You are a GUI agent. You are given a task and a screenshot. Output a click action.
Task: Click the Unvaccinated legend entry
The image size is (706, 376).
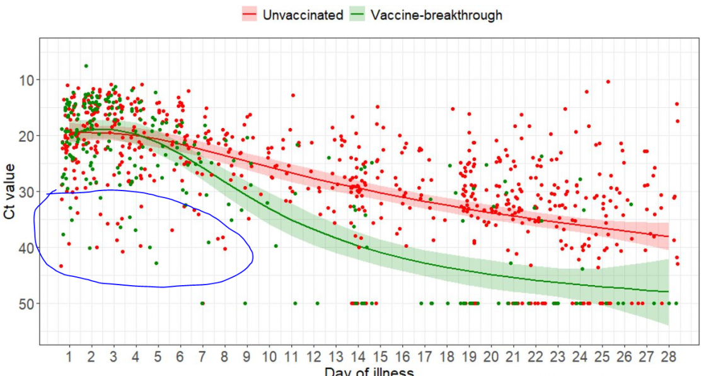click(x=292, y=15)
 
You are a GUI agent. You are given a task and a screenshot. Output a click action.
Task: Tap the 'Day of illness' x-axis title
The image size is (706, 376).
click(x=369, y=371)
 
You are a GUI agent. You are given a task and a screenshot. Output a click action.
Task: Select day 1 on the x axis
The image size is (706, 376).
click(x=69, y=358)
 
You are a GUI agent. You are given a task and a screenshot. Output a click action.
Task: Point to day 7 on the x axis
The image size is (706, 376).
click(x=202, y=358)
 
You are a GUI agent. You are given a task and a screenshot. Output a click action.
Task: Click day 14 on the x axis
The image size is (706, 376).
click(x=357, y=358)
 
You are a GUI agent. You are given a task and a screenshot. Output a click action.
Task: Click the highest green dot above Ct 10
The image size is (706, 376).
click(x=86, y=66)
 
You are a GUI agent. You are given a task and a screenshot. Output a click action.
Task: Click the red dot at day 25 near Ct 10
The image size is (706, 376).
click(x=608, y=81)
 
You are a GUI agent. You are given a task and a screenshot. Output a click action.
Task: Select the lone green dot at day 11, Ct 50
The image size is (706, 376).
click(x=295, y=303)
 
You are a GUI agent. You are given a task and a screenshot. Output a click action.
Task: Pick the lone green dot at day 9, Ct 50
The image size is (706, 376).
click(x=245, y=303)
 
